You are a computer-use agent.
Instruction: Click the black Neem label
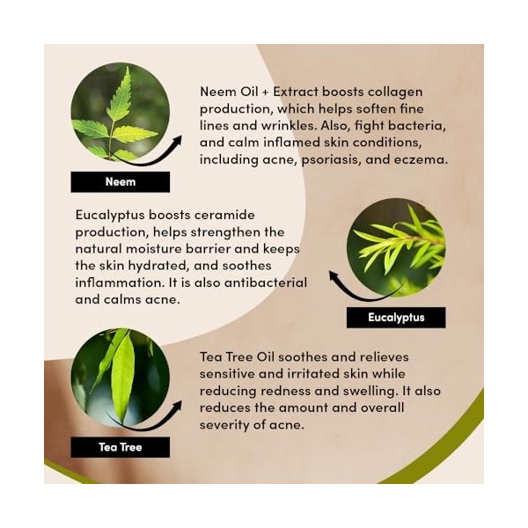coord(121,182)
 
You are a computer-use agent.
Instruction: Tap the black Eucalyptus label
coord(396,317)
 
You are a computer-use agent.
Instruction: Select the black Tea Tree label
coord(121,447)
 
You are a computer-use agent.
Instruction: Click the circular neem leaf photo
coord(121,112)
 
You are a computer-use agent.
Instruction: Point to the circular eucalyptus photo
coord(396,247)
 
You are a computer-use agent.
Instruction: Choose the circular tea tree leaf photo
coord(121,378)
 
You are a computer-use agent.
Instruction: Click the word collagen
coord(395,92)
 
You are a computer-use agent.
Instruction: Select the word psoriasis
coord(328,160)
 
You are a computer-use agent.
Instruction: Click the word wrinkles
coord(289,126)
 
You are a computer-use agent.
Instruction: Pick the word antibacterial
coord(266,282)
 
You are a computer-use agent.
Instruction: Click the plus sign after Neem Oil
coord(266,92)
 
